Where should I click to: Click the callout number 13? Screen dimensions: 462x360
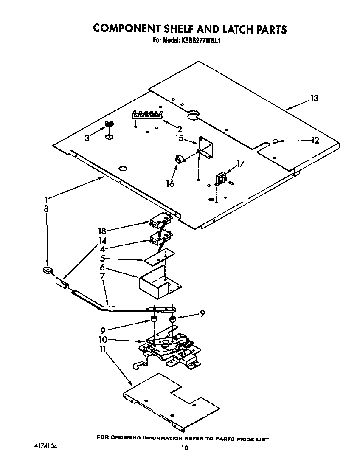[x=314, y=99]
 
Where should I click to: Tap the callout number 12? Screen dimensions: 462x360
[x=315, y=141]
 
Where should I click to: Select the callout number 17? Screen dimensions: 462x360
[x=240, y=163]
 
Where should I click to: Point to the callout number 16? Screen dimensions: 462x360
[x=170, y=183]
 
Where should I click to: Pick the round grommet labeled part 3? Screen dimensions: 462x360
[x=109, y=124]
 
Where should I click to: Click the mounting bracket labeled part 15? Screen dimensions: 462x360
[x=207, y=148]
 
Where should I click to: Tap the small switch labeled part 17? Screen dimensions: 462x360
[x=221, y=178]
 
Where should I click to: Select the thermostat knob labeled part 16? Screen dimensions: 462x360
[x=180, y=159]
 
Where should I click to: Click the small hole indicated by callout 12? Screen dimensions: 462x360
[x=275, y=141]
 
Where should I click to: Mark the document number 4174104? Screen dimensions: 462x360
[x=45, y=447]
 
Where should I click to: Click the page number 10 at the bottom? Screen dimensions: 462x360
[x=184, y=448]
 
